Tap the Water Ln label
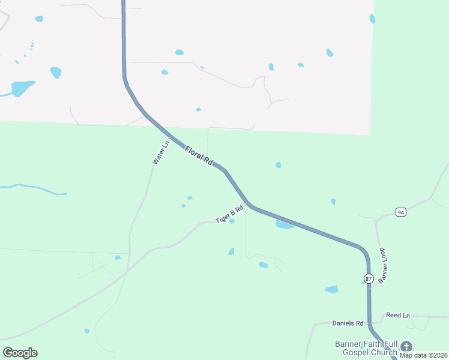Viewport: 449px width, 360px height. pyautogui.click(x=159, y=153)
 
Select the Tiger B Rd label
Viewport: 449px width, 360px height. pyautogui.click(x=229, y=215)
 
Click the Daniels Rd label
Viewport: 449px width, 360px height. pyautogui.click(x=348, y=323)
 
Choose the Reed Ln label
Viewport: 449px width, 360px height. pyautogui.click(x=397, y=315)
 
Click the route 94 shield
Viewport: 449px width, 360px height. pyautogui.click(x=401, y=212)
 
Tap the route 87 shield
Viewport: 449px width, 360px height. pyautogui.click(x=369, y=278)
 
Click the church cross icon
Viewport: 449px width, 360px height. pyautogui.click(x=406, y=346)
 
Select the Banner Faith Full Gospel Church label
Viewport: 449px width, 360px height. pyautogui.click(x=366, y=348)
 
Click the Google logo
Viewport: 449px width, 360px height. pyautogui.click(x=20, y=353)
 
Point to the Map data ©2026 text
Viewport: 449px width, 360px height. pyautogui.click(x=423, y=355)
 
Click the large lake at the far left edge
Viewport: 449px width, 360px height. pyautogui.click(x=22, y=88)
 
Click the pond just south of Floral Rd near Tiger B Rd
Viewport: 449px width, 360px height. pyautogui.click(x=284, y=225)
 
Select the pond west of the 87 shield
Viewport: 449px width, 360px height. pyautogui.click(x=331, y=289)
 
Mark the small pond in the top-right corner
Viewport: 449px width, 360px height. pyautogui.click(x=372, y=19)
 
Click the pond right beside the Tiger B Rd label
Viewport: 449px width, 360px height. pyautogui.click(x=232, y=221)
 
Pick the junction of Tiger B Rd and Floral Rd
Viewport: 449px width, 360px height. pyautogui.click(x=249, y=204)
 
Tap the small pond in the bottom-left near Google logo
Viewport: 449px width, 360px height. pyautogui.click(x=87, y=331)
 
